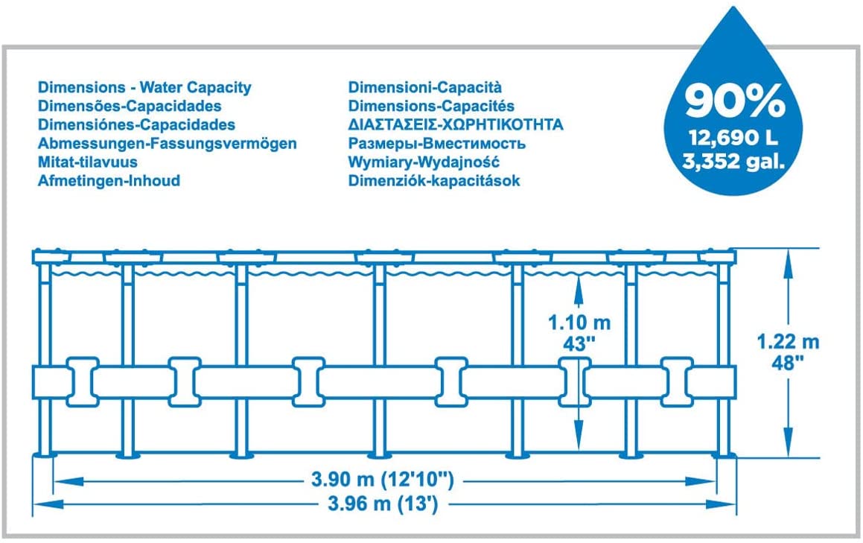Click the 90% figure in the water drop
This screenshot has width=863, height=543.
pos(735,101)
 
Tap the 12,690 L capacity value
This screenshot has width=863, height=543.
pos(735,138)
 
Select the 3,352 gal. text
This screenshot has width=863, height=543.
pos(735,160)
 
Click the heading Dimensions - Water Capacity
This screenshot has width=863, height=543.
pos(144,88)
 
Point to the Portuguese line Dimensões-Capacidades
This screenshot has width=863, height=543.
pos(130,107)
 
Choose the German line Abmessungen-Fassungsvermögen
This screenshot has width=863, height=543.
pos(168,144)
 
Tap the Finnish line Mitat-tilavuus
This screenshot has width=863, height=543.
pos(88,162)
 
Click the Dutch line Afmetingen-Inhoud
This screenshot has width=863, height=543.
pos(109,180)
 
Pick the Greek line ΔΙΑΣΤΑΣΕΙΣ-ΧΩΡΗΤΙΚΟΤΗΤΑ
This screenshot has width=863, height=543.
pos(456,125)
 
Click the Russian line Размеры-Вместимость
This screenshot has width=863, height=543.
pos(437,144)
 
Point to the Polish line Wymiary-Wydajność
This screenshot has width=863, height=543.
pos(424,162)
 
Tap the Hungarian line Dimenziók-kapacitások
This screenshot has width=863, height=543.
pos(434,180)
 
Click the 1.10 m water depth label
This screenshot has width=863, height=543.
pos(579,323)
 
